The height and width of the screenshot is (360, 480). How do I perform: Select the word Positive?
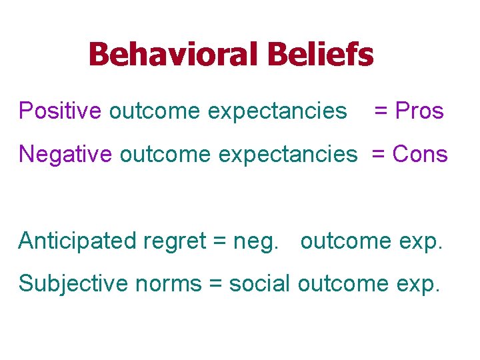pos(61,111)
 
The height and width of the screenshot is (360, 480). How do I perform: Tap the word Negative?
pos(66,154)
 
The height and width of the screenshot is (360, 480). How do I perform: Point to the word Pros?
pos(419,111)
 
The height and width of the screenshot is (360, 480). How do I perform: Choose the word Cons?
pos(420,154)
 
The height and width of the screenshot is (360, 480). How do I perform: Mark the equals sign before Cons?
pos(379,155)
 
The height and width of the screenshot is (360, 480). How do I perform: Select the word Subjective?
pos(73,284)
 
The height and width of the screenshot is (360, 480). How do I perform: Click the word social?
pos(259,284)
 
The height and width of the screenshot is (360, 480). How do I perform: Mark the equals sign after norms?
pos(215,285)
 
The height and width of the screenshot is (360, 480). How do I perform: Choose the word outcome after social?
pos(343,285)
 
